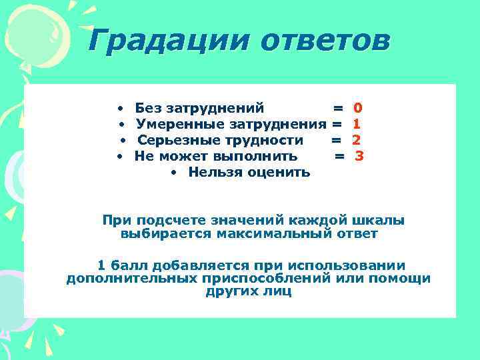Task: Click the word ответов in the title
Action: (325, 41)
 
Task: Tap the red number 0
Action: (358, 107)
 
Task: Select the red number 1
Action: (357, 123)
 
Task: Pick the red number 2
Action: (356, 140)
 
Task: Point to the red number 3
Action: (359, 156)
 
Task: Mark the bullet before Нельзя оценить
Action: (173, 173)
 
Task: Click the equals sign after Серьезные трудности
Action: (336, 140)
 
